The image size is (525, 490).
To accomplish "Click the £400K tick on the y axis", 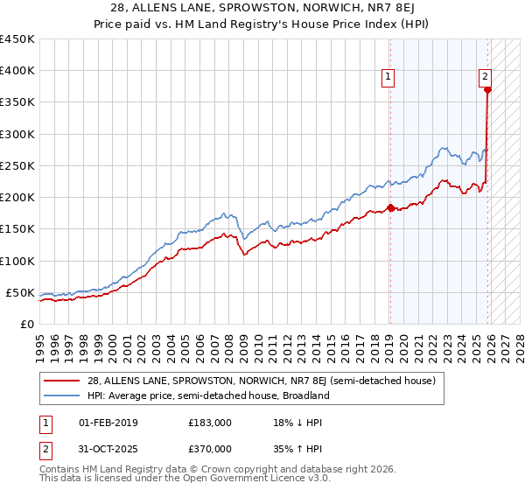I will (17, 71).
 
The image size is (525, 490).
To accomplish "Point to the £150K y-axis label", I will (17, 228).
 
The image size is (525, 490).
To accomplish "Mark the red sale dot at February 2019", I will (390, 207).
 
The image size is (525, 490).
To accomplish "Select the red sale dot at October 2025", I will (487, 89).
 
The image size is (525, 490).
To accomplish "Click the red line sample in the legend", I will (63, 381).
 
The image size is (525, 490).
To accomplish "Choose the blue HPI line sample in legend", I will (63, 395).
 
